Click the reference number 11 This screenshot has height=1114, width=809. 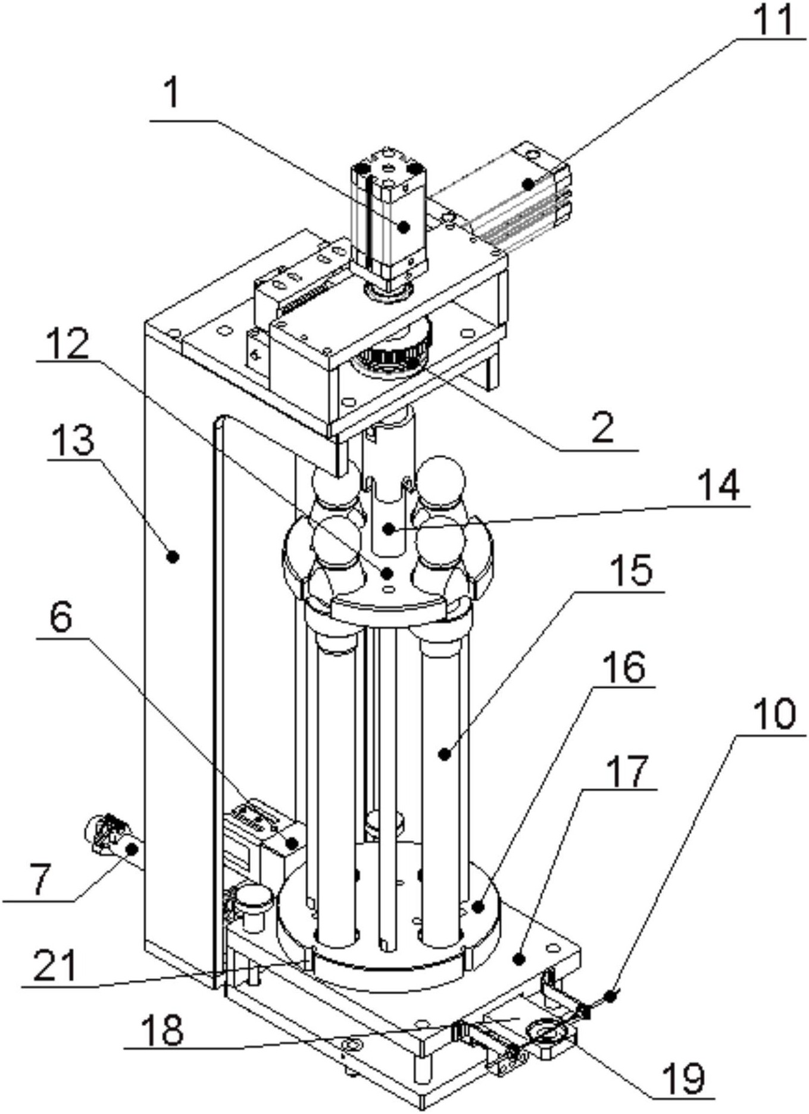(771, 19)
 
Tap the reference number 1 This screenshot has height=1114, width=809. (172, 93)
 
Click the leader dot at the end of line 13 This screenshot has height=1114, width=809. (173, 557)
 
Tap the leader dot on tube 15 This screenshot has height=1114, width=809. (443, 754)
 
